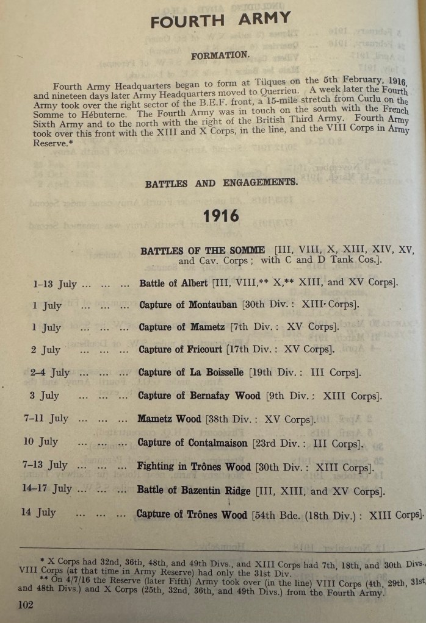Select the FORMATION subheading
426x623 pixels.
click(220, 55)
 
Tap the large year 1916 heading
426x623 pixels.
click(221, 216)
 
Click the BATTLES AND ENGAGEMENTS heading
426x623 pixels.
click(222, 183)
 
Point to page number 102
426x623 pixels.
click(26, 605)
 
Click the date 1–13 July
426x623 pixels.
click(54, 283)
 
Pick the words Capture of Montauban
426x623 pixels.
click(188, 305)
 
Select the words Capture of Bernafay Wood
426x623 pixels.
click(199, 396)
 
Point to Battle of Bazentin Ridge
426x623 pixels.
click(201, 490)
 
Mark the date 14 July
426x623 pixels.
click(38, 513)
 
